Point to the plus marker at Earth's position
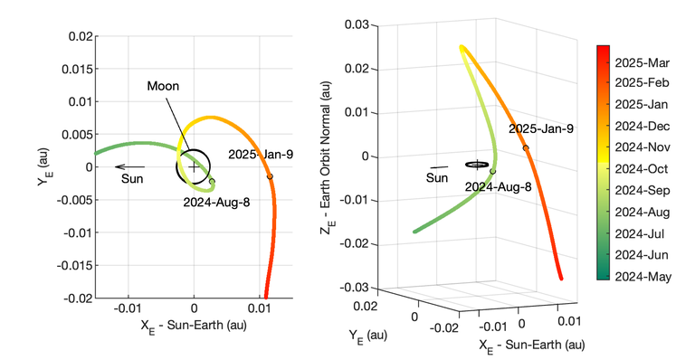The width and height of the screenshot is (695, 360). [193, 166]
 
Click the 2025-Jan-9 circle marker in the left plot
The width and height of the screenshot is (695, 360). [270, 176]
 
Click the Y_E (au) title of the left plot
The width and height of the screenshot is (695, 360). [42, 166]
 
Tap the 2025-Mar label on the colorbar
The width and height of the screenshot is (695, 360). [643, 64]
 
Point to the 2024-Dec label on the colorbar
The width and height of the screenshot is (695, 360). [643, 128]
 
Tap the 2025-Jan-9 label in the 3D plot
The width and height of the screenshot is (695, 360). [541, 129]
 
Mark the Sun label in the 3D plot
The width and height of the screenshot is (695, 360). [437, 178]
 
